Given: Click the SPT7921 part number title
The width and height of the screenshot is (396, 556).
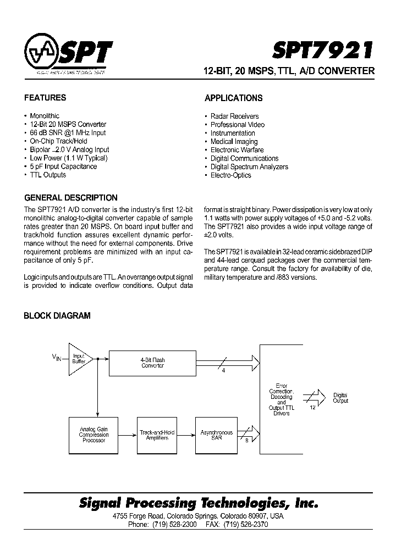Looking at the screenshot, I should point(323,51).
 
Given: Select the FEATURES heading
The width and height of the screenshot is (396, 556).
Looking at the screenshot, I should point(45,98).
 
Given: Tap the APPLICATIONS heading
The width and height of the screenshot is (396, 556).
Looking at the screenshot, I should point(234,98).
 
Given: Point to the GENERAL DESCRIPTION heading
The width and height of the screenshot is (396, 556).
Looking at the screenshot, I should point(71,198).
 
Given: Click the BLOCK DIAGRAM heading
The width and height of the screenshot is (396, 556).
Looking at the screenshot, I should point(57,316).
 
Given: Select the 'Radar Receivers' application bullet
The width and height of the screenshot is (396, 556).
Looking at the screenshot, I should point(234,116).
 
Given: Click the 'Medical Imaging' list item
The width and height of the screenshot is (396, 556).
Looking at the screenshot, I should point(234,142).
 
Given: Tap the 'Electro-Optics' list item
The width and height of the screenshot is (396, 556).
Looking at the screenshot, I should point(230,175).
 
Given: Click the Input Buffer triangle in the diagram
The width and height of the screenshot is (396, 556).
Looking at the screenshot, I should point(78,358).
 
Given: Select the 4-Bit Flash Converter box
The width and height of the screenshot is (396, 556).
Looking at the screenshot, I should point(152,363).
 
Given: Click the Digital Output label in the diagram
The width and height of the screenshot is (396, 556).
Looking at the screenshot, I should point(340,398).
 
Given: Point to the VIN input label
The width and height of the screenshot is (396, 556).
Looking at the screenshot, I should point(57,358).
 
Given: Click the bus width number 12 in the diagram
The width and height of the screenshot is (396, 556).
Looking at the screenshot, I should point(312,407).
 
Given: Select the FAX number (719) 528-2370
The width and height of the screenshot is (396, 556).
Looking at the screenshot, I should point(245,525).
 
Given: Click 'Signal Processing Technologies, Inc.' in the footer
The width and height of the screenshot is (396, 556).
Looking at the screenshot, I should point(199,503).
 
